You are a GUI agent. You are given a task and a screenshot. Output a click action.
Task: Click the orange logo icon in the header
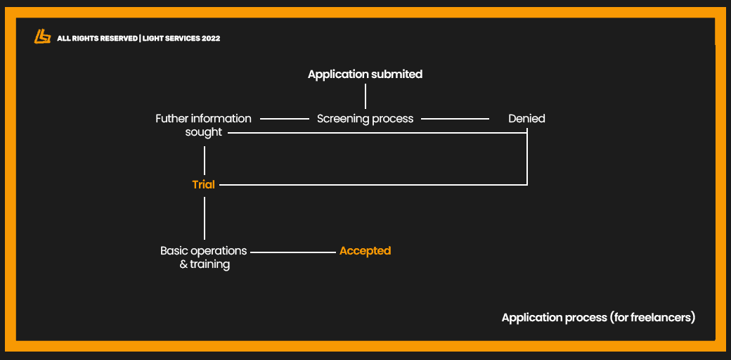tap(42, 37)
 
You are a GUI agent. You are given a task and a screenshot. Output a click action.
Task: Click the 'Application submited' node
tap(365, 74)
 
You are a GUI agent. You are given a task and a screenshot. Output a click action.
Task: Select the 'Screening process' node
tap(365, 119)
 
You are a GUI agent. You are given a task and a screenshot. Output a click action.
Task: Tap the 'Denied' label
tap(526, 119)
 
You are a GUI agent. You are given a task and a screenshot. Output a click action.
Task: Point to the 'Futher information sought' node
tap(203, 125)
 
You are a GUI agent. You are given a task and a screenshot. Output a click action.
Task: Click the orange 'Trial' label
tap(203, 185)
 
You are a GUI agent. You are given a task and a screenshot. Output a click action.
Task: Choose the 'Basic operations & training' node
tap(204, 257)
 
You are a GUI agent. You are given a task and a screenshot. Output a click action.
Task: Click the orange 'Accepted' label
tap(365, 251)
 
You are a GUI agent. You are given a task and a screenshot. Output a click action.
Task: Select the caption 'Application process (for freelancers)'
tap(598, 318)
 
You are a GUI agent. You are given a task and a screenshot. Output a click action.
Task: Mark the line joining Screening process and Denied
tap(455, 119)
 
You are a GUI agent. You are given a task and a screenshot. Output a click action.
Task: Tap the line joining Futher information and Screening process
tap(285, 119)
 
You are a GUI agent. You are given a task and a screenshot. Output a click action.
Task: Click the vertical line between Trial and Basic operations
tap(205, 218)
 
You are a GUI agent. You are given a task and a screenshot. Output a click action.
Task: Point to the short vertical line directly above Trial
tap(205, 161)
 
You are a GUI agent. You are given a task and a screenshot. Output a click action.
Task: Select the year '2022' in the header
tap(210, 39)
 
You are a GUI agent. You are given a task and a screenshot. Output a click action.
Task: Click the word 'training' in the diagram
tap(209, 264)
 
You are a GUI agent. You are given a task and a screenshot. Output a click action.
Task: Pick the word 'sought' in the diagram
tap(203, 132)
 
